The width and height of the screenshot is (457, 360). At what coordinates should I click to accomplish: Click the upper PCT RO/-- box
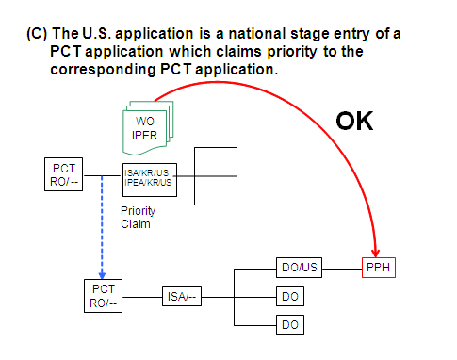pos(64,173)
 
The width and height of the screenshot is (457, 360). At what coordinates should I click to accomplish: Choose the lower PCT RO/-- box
pos(102,295)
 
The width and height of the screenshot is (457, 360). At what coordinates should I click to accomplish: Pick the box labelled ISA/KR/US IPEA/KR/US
pos(149,176)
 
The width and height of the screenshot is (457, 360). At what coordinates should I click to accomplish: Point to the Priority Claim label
pos(139,218)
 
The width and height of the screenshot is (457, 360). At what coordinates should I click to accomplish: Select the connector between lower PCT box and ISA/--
pos(141,296)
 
